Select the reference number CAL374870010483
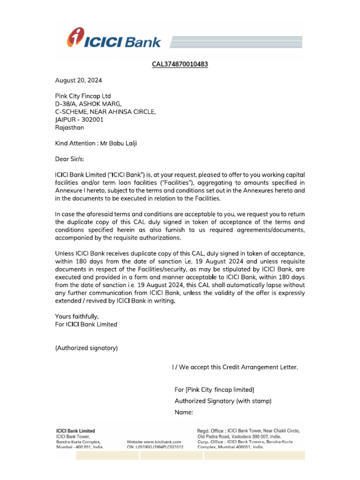coord(180,64)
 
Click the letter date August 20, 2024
coord(78,80)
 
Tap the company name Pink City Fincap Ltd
coord(83,96)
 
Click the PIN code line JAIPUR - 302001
coord(79,120)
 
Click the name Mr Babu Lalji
coord(121,143)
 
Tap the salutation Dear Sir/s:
coord(71,159)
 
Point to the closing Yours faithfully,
coord(77,316)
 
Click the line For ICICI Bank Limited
coord(86,324)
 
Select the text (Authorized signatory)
coord(86,348)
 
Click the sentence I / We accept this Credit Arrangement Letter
coord(235,367)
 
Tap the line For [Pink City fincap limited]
coord(214,390)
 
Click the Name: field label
coord(184,412)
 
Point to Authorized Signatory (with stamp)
coord(223,401)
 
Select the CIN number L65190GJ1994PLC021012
coord(155,447)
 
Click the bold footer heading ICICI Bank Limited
coord(75,431)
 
